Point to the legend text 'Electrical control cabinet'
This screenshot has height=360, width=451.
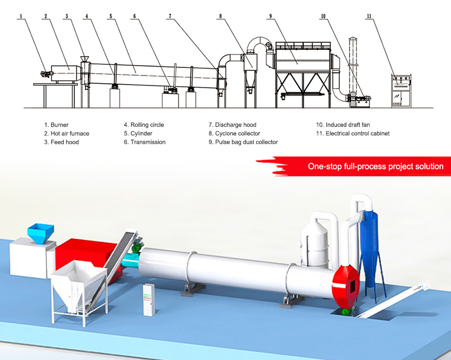(x=357, y=134)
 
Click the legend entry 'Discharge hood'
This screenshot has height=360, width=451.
(x=235, y=125)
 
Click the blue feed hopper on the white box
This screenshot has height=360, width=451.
(x=40, y=232)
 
